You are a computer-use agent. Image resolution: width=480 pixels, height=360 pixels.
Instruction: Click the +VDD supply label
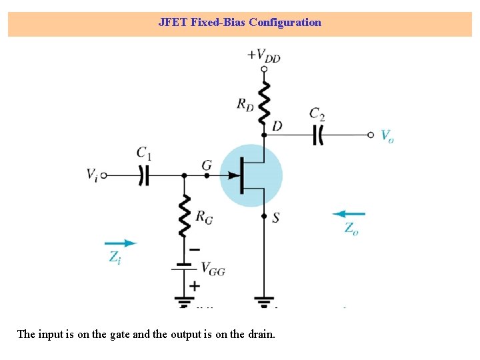coord(264,55)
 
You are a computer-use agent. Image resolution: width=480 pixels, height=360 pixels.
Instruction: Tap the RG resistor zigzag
coord(185,215)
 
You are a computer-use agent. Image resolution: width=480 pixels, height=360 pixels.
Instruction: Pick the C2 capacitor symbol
coord(318,135)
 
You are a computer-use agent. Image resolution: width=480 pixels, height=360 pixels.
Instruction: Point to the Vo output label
coord(387,135)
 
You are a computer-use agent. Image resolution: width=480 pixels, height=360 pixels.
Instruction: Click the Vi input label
coord(92,175)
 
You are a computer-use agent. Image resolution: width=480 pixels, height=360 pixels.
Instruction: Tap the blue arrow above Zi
coord(121,243)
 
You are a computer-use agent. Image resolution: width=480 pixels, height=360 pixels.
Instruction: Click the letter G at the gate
coord(207,165)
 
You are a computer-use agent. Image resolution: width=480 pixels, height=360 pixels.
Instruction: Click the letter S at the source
coord(275,217)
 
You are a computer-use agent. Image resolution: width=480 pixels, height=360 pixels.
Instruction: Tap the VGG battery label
coord(213,269)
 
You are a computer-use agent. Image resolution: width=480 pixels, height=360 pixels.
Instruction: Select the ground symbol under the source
coord(265,301)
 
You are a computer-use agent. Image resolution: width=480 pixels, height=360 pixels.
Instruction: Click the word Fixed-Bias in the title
coord(218,22)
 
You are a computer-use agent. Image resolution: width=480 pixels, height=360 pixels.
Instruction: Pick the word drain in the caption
coord(261,334)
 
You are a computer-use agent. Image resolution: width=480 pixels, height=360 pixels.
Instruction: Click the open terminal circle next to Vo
coord(371,135)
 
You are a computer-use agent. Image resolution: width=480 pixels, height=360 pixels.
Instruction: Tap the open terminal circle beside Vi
coord(104,175)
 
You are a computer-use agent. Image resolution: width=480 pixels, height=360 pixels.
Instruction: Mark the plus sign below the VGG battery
coord(195,285)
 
